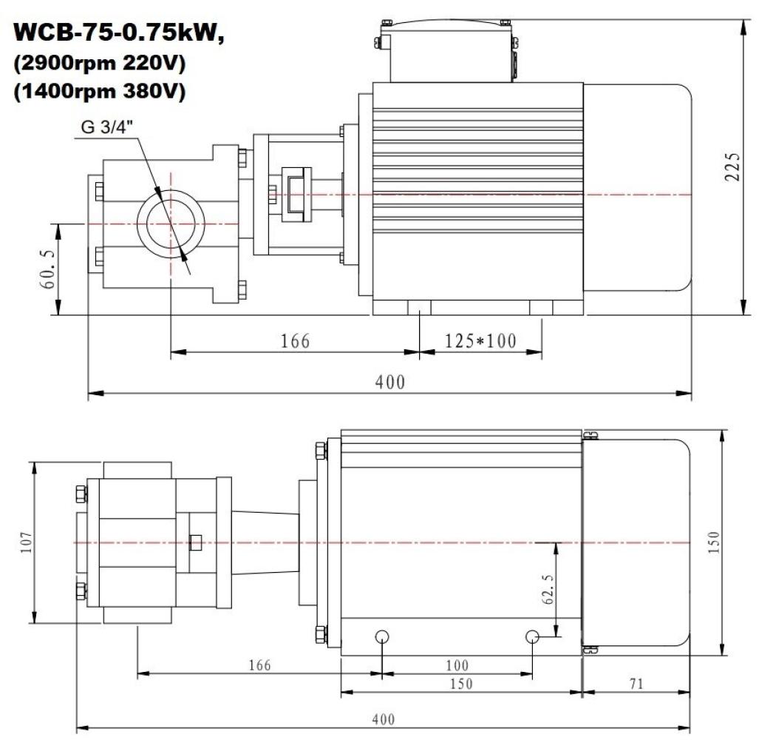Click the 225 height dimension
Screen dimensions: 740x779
(731, 168)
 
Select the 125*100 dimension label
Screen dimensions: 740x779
(480, 341)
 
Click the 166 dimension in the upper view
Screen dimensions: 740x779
(294, 341)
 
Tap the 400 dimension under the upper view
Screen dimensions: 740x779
(389, 383)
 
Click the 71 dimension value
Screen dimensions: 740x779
(636, 684)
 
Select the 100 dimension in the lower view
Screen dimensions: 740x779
(457, 667)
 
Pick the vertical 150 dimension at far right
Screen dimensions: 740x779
(713, 542)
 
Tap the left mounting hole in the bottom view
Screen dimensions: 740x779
(383, 636)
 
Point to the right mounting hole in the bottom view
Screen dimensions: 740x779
(533, 636)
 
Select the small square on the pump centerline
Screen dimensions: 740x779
(196, 542)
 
